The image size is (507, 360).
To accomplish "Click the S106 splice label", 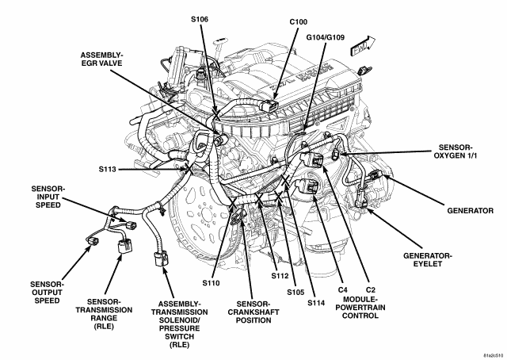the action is (x=200, y=19).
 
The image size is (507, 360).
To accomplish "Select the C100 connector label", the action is (x=298, y=22).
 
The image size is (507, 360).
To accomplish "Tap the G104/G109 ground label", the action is (x=326, y=37).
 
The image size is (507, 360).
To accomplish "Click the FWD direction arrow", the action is (x=363, y=47).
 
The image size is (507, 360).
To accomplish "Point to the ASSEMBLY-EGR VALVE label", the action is (x=101, y=59).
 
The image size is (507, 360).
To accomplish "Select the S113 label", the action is (x=108, y=170).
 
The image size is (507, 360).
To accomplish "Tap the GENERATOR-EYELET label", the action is (x=428, y=259).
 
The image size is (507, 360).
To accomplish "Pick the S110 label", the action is (x=212, y=283).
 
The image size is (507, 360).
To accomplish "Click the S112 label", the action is (x=280, y=276).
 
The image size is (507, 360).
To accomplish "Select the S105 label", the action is (x=295, y=292).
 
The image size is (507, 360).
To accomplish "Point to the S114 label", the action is (x=316, y=303).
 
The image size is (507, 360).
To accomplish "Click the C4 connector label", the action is (x=343, y=289).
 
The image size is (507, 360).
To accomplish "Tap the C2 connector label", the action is (x=371, y=289).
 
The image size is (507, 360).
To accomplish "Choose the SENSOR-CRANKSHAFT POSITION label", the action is (x=253, y=312).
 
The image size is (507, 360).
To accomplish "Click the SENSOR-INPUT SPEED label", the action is (x=48, y=197).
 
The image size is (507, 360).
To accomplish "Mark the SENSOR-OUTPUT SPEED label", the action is (x=48, y=293).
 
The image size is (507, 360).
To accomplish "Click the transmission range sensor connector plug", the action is (x=124, y=246).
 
